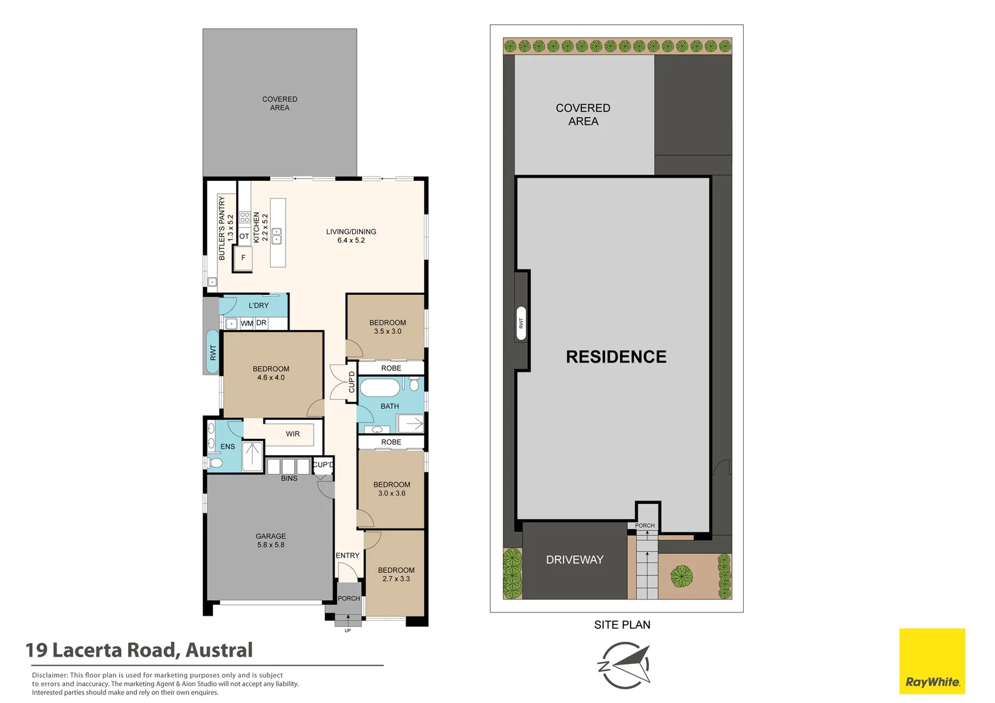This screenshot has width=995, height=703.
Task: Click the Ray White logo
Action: tap(932, 661)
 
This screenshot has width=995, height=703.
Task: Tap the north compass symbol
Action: tap(624, 665)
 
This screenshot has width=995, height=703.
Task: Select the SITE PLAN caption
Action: tap(622, 625)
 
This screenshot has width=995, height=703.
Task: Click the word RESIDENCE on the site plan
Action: tap(616, 357)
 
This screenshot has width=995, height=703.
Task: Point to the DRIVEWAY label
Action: tap(575, 559)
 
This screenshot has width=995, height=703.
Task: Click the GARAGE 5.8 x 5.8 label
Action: tap(271, 540)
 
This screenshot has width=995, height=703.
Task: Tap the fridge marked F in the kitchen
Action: tap(243, 258)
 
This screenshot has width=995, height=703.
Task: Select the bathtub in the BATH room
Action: tap(380, 387)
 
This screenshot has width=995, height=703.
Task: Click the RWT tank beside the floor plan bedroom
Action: tap(213, 352)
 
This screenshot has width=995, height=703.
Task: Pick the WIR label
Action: tap(292, 434)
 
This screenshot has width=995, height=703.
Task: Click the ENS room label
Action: tap(227, 447)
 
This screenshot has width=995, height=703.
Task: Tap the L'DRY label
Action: tap(258, 305)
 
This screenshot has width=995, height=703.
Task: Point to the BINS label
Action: tap(289, 478)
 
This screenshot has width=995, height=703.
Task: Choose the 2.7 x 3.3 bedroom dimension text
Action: tap(396, 579)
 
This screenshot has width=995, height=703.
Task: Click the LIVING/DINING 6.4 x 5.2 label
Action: tap(351, 236)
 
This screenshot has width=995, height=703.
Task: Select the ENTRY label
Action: tap(348, 555)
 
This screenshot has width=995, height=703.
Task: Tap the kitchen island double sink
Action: tap(277, 236)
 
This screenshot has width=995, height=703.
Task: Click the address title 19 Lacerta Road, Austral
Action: tap(139, 650)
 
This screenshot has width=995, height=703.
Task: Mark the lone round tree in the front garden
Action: tap(681, 576)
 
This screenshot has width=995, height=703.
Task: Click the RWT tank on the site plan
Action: tap(521, 323)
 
